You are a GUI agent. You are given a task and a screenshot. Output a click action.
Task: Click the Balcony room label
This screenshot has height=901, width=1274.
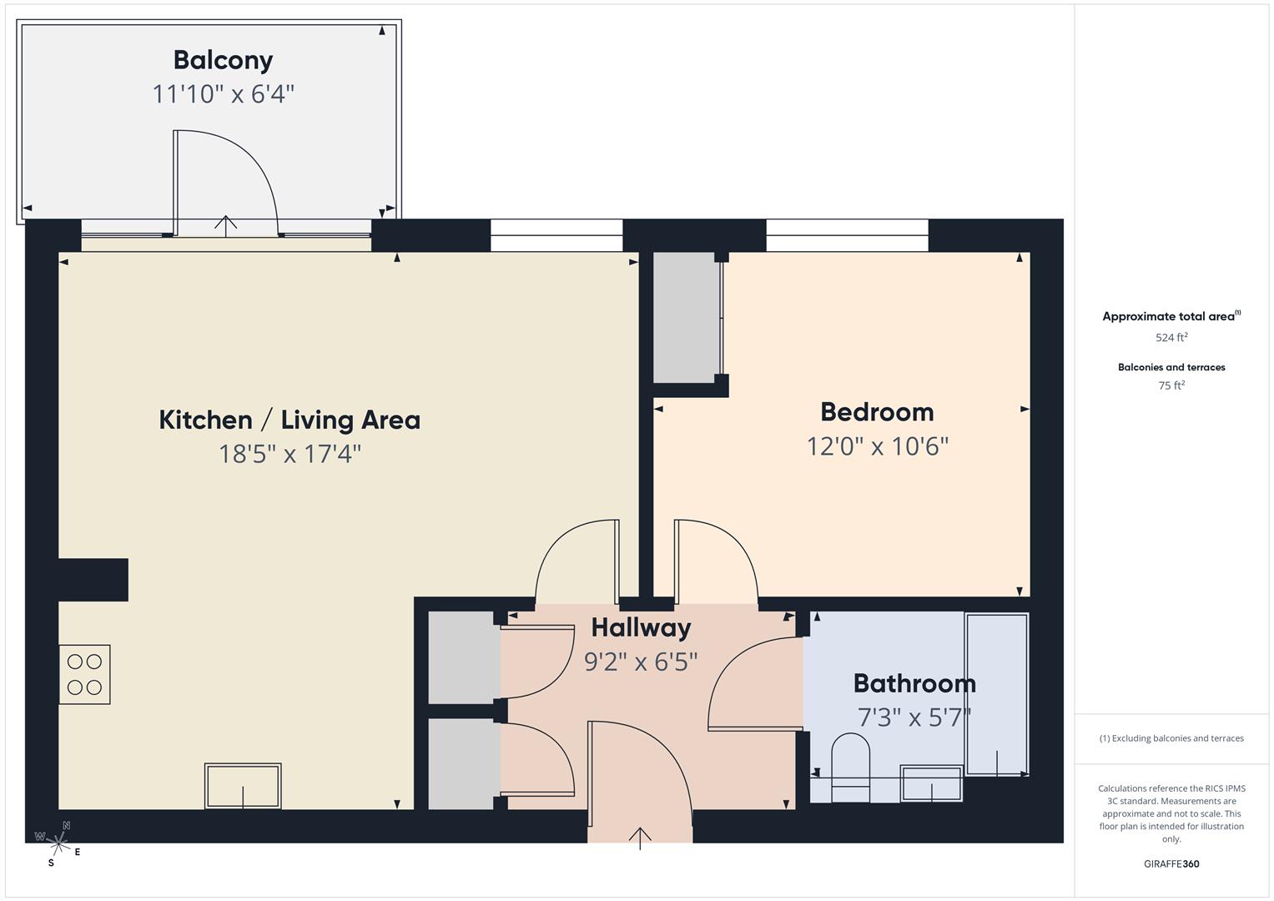pyautogui.click(x=223, y=60)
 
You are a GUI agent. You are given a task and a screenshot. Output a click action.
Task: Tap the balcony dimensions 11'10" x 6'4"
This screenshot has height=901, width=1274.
pyautogui.click(x=223, y=94)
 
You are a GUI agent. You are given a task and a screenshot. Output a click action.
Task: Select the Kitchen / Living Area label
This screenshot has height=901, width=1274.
pyautogui.click(x=290, y=420)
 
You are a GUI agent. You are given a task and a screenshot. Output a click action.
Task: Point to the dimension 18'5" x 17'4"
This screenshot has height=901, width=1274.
pyautogui.click(x=290, y=454)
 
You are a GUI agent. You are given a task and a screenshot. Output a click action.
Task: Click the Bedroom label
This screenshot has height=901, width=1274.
pyautogui.click(x=877, y=412)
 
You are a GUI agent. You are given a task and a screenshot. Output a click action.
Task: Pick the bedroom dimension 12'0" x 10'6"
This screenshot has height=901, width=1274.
pyautogui.click(x=878, y=446)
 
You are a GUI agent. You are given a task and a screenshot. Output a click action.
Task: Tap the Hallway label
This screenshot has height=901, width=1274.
pyautogui.click(x=641, y=627)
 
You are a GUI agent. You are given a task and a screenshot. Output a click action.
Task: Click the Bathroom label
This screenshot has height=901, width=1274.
pyautogui.click(x=914, y=683)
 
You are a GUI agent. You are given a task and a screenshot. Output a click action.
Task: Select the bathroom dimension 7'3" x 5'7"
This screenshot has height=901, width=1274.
pyautogui.click(x=914, y=717)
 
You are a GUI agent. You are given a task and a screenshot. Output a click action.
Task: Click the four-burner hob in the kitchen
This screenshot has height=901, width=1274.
pyautogui.click(x=84, y=674)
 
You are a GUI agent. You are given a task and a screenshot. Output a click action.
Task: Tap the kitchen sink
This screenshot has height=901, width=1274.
pyautogui.click(x=243, y=786)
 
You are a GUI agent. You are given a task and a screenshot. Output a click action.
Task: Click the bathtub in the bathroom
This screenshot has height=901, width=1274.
pyautogui.click(x=996, y=694)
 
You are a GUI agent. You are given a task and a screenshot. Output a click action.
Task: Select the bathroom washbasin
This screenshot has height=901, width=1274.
pyautogui.click(x=931, y=783)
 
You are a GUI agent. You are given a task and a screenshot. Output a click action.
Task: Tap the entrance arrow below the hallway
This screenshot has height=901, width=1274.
pyautogui.click(x=640, y=838)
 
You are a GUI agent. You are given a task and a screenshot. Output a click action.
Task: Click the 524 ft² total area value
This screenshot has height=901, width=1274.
pyautogui.click(x=1171, y=338)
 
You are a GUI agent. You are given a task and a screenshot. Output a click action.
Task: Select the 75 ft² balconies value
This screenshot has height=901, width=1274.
pyautogui.click(x=1171, y=385)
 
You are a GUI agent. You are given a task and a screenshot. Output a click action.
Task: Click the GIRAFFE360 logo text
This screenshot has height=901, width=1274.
pyautogui.click(x=1171, y=864)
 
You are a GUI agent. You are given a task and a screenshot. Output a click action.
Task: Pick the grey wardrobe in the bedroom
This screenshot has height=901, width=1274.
pyautogui.click(x=686, y=317)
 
